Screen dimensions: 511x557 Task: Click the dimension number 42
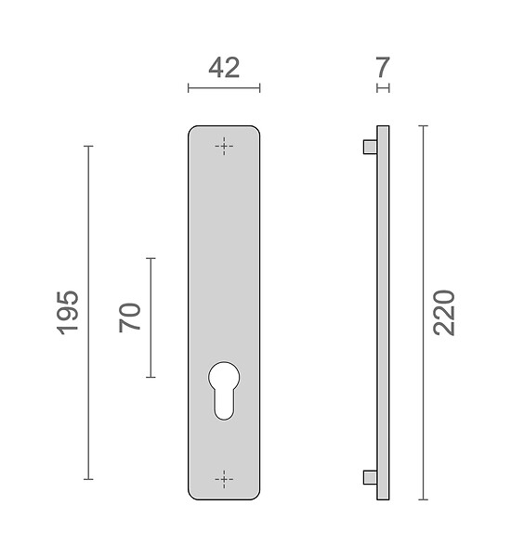point(224,68)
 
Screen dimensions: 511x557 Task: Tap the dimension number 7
point(383,67)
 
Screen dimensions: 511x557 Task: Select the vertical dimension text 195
point(68,313)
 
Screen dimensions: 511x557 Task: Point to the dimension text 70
point(130,317)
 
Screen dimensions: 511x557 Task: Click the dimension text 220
point(444,313)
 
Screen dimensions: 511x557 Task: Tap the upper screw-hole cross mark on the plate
point(224,146)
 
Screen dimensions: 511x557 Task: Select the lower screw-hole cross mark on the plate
point(224,479)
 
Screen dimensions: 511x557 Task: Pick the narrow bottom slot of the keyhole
point(224,405)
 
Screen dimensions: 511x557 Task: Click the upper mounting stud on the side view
point(370,147)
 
